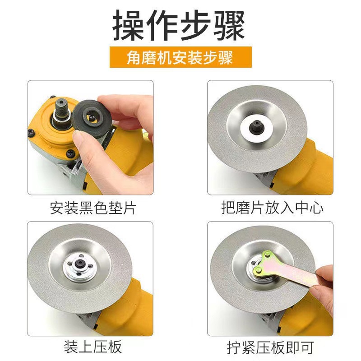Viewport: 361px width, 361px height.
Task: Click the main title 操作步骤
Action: tap(179, 26)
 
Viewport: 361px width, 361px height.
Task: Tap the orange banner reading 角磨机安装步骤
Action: tap(180, 57)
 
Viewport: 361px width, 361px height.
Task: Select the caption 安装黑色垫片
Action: tap(93, 208)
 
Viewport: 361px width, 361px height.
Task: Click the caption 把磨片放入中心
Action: tap(273, 208)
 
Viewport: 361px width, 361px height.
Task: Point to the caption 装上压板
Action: tap(93, 347)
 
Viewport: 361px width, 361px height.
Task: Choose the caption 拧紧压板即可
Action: tap(270, 347)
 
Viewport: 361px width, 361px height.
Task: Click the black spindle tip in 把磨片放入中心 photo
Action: tap(256, 126)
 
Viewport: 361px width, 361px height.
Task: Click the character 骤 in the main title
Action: tap(229, 26)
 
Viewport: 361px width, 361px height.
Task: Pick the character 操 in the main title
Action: tap(129, 26)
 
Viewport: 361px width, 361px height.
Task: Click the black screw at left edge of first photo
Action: tap(31, 132)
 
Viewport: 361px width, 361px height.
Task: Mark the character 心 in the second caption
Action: tap(316, 208)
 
